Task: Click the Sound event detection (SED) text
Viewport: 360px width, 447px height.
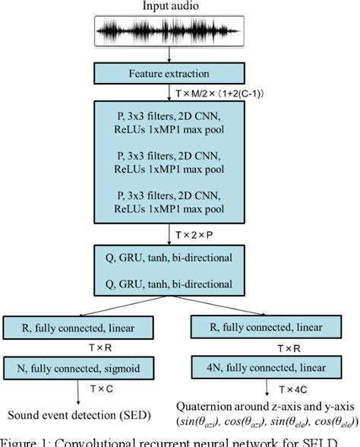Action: coord(79,414)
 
